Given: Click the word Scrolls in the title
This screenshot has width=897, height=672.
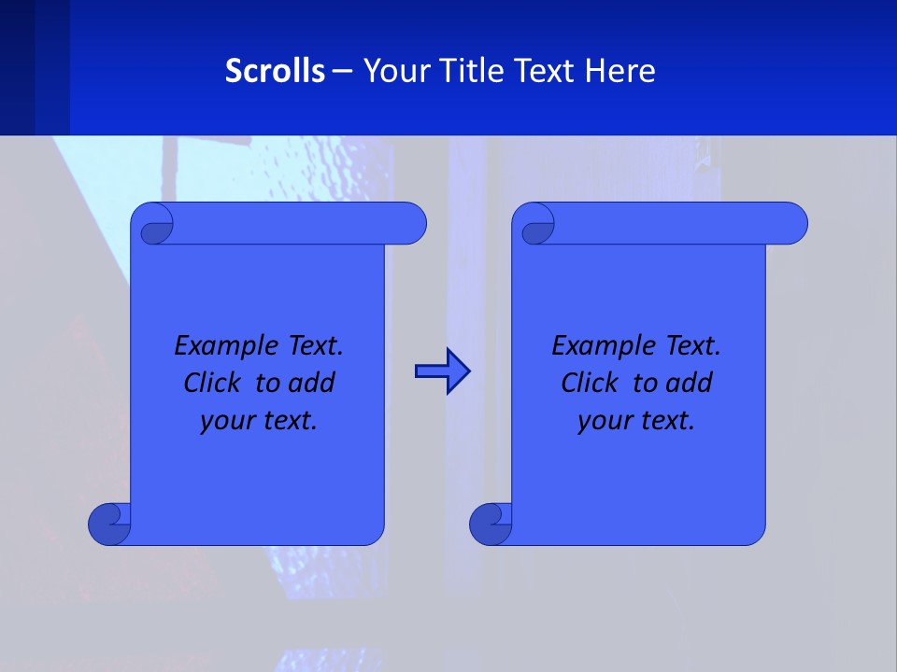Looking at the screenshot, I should (275, 71).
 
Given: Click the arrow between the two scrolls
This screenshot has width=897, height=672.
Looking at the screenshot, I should (442, 371).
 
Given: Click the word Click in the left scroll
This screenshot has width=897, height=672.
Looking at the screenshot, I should (210, 384).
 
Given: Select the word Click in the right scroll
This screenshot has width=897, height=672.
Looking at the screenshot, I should (588, 384).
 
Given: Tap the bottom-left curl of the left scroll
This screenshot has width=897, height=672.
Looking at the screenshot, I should (109, 524).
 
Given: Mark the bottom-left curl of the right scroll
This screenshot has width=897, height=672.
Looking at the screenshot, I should (491, 524).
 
